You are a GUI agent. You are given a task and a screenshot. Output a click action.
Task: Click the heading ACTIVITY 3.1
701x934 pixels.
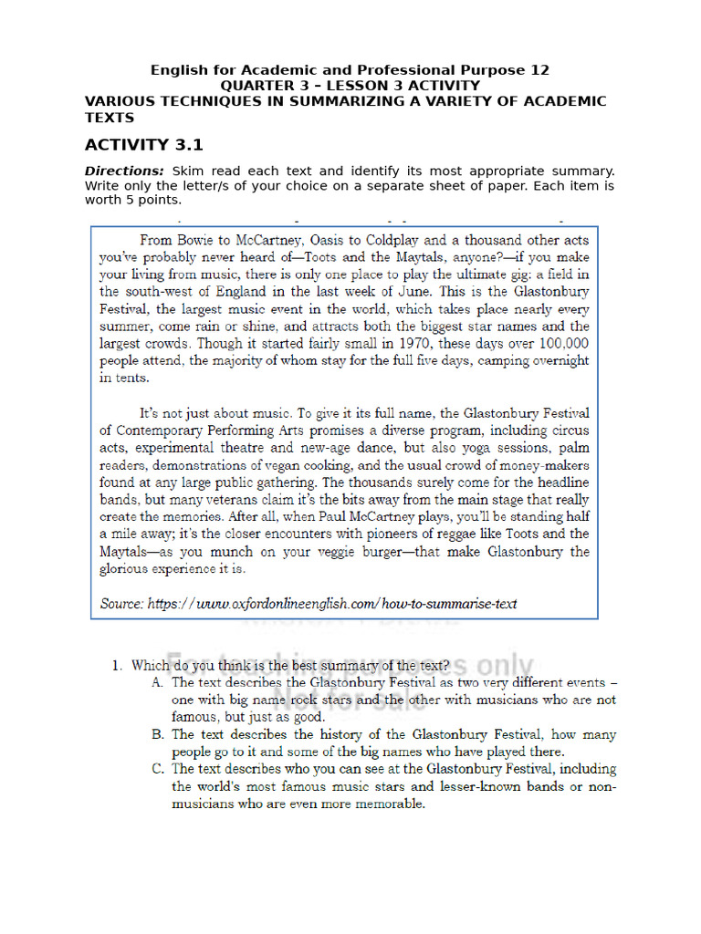(x=143, y=145)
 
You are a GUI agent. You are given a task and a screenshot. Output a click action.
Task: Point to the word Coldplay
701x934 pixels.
(x=386, y=241)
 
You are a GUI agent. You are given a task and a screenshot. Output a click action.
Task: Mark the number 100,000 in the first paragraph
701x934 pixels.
(x=558, y=343)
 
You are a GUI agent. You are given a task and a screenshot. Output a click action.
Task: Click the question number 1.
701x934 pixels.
(x=117, y=666)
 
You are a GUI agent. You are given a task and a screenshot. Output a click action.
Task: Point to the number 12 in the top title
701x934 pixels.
(x=540, y=70)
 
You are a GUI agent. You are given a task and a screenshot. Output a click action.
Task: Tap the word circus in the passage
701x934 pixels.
(x=570, y=431)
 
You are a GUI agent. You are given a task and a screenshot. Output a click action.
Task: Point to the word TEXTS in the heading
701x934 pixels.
(x=110, y=118)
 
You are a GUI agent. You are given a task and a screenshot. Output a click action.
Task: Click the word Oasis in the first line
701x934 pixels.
(x=316, y=241)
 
